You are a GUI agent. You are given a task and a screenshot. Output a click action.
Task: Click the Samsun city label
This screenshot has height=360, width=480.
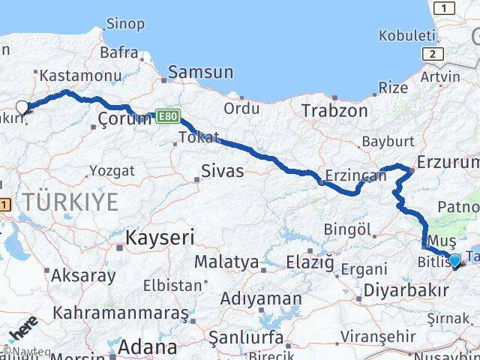201,73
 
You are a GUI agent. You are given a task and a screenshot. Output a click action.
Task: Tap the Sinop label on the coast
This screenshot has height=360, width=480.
125,24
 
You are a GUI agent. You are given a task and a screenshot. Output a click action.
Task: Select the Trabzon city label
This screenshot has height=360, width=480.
334,111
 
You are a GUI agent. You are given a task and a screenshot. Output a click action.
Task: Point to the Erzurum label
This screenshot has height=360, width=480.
447,163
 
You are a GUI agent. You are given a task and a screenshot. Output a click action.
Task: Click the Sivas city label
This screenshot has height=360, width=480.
223,171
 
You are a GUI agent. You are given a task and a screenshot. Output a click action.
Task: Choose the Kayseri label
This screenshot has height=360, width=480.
160,238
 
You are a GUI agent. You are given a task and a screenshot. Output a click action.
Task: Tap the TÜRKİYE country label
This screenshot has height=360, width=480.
70,202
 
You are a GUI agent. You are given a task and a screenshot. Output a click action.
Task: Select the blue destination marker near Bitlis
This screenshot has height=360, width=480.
454,260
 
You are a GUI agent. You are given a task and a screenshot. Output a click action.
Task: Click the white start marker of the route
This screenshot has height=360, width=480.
22,107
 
